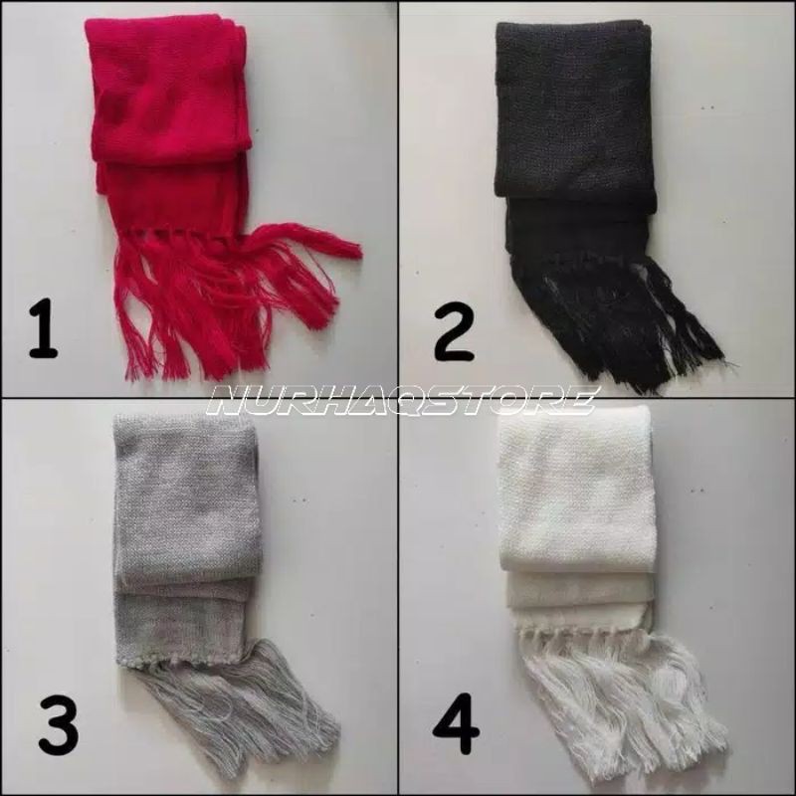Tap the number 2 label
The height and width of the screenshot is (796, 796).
pyautogui.click(x=453, y=334)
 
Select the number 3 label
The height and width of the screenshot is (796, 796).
pyautogui.click(x=59, y=726)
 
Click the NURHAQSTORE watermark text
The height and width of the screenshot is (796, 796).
pyautogui.click(x=402, y=400)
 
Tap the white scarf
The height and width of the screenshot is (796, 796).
pyautogui.click(x=577, y=537)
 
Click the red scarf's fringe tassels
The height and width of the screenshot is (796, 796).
pyautogui.click(x=229, y=298)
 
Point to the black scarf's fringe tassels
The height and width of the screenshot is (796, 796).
pyautogui.click(x=617, y=318)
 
